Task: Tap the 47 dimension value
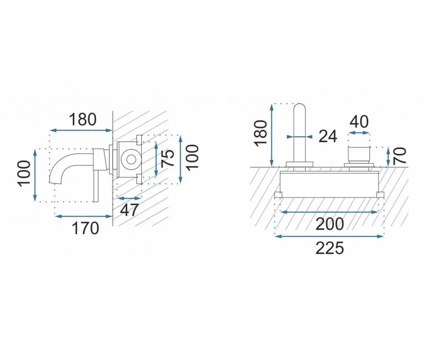[129, 210]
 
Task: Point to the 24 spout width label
[328, 136]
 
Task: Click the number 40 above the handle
[359, 122]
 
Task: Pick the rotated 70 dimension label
[399, 156]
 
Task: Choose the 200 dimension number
[330, 224]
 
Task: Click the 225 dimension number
[330, 248]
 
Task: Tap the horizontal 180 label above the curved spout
[82, 120]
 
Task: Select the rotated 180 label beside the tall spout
[261, 134]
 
